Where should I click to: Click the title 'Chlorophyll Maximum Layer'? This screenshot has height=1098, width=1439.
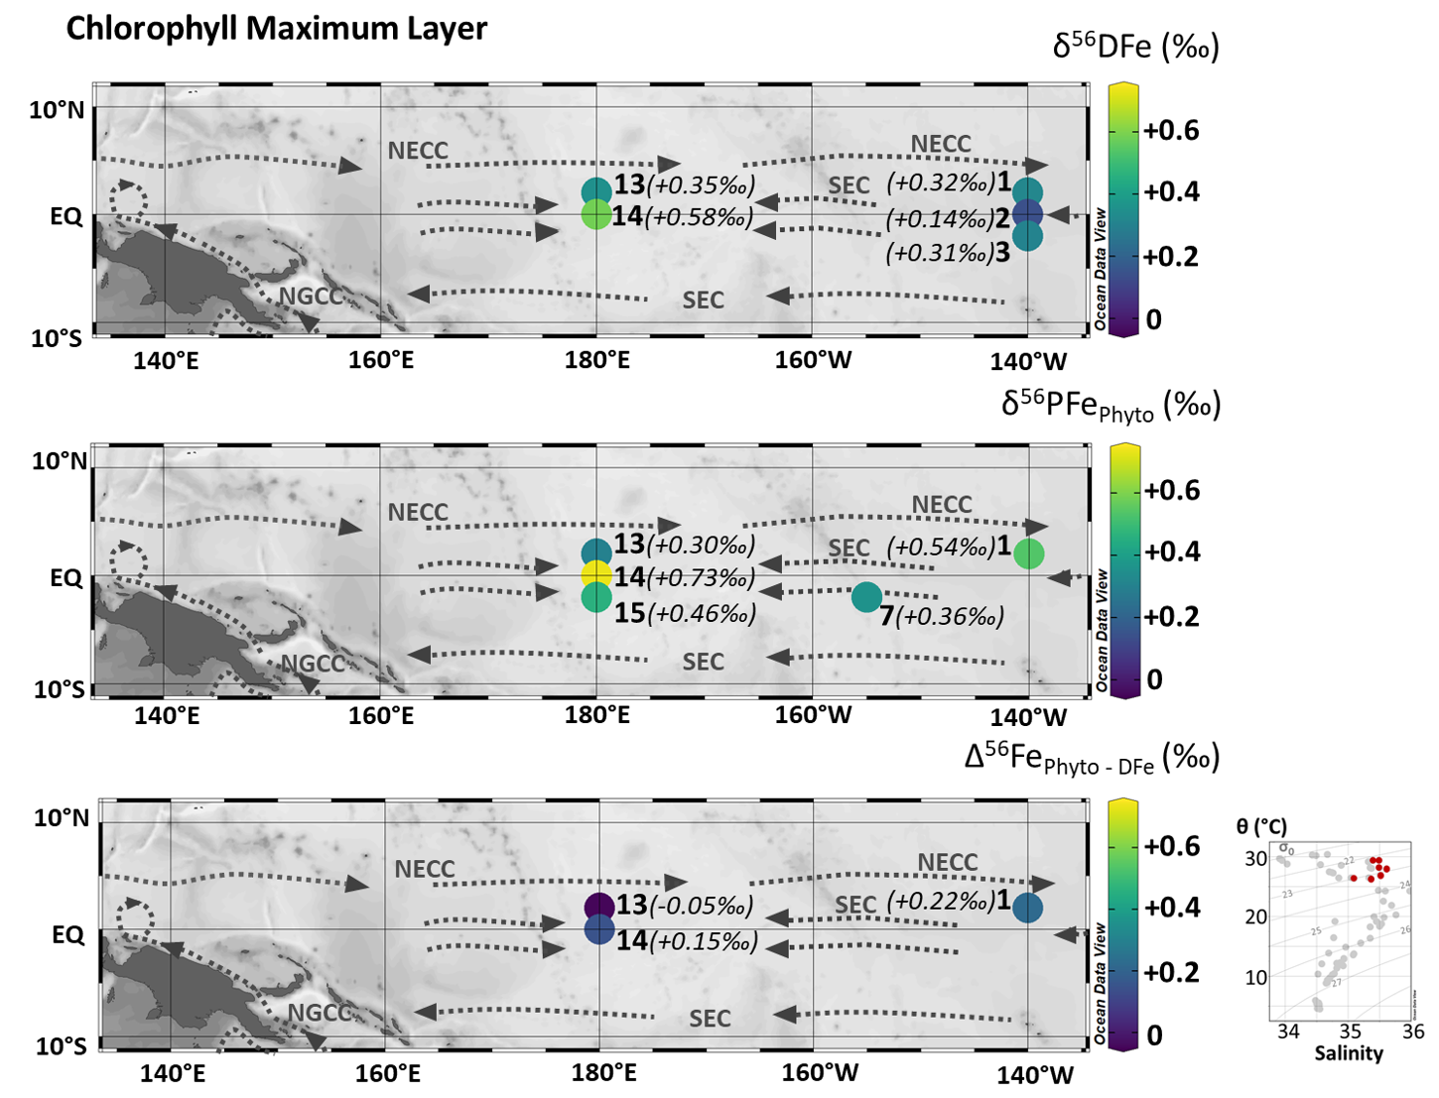tap(276, 29)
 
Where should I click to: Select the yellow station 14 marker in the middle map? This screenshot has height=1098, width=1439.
tap(595, 574)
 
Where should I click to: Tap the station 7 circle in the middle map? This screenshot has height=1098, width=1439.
tap(866, 596)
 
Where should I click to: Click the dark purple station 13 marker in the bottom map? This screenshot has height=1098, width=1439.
tap(598, 906)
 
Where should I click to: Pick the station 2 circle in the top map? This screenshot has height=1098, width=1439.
tap(1027, 212)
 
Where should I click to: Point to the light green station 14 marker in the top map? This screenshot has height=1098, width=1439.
tap(595, 214)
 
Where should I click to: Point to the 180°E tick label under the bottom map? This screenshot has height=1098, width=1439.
tap(604, 1072)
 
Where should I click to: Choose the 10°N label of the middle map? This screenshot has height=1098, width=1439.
tap(59, 460)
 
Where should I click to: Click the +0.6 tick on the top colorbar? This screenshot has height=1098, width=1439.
tap(1171, 130)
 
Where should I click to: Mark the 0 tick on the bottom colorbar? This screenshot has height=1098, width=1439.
tap(1154, 1035)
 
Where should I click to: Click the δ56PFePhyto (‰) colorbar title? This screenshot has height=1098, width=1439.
tap(1110, 406)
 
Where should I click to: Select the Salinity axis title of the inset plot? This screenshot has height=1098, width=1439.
tap(1348, 1053)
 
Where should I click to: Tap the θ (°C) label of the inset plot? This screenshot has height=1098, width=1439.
tap(1261, 825)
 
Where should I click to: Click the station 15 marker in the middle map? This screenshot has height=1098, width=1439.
tap(595, 597)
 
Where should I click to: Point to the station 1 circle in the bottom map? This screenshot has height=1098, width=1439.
tap(1027, 908)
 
